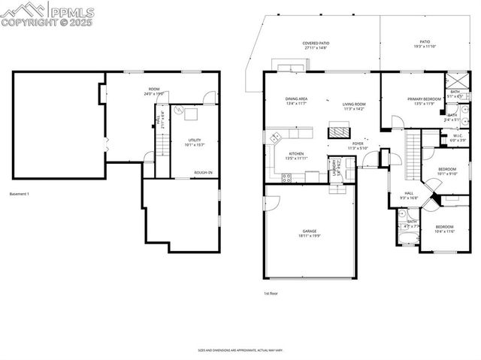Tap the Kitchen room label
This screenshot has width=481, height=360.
click(x=296, y=154)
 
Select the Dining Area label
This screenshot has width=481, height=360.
click(x=296, y=99)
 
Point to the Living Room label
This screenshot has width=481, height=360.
click(x=354, y=104)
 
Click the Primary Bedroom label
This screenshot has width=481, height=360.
click(x=424, y=98)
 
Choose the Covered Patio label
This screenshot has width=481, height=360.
click(x=316, y=44)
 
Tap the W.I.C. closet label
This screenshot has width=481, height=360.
click(x=457, y=137)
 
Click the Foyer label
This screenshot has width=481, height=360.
click(x=357, y=144)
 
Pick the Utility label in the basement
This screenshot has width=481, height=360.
click(x=195, y=140)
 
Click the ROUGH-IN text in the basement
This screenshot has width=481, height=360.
click(x=203, y=173)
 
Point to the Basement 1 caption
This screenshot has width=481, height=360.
click(x=20, y=195)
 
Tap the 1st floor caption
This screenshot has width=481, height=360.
click(x=271, y=293)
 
